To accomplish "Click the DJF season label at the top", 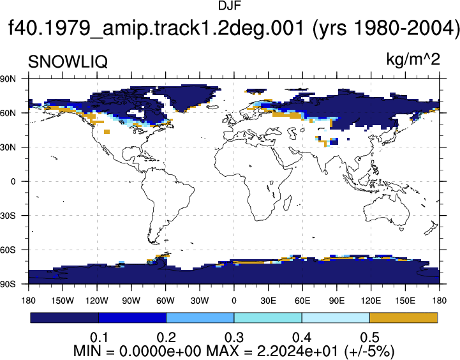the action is tap(230, 6).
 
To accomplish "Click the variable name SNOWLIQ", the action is tap(68, 62).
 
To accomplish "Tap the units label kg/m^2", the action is tap(413, 59).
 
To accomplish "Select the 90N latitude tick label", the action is tap(8, 79).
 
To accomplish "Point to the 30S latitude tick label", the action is tap(8, 216).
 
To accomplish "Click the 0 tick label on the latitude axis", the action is tap(13, 181).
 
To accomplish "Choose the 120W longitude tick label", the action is tap(97, 301).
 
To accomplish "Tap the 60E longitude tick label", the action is tap(302, 301).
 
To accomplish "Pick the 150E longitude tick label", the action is tap(405, 301).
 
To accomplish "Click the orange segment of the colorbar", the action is tap(404, 318).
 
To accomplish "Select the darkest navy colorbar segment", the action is tap(64, 318).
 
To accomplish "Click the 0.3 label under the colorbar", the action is tap(234, 338).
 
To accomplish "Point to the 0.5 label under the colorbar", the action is tap(370, 338).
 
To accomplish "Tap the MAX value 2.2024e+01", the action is tap(298, 351).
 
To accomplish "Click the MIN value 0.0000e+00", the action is tap(160, 351).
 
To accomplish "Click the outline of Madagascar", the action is tap(288, 203).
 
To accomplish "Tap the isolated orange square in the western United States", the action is tap(107, 131).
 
